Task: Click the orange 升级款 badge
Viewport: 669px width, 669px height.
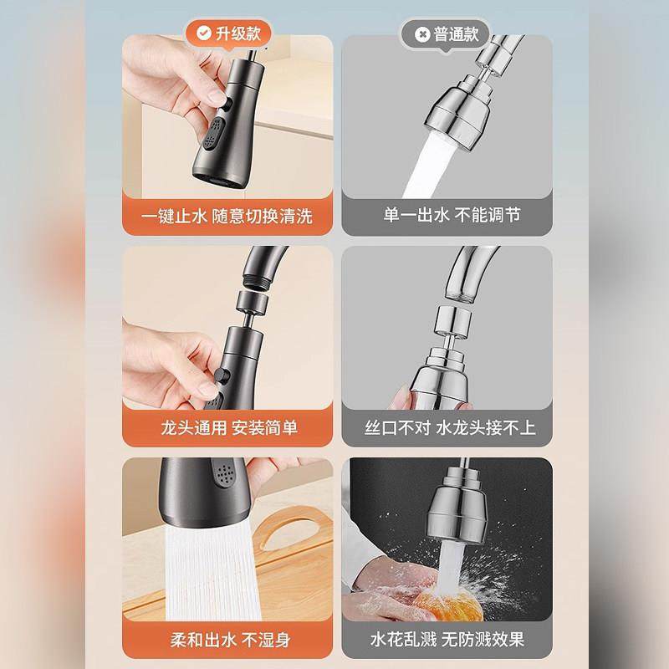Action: [x=227, y=35]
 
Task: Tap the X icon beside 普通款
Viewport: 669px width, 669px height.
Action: [x=419, y=35]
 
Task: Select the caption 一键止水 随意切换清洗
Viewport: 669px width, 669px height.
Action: [x=227, y=216]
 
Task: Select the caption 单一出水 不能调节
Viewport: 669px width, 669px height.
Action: [x=447, y=216]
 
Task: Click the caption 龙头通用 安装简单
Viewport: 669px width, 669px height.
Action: [x=227, y=427]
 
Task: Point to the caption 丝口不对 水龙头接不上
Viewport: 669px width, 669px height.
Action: [x=447, y=427]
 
